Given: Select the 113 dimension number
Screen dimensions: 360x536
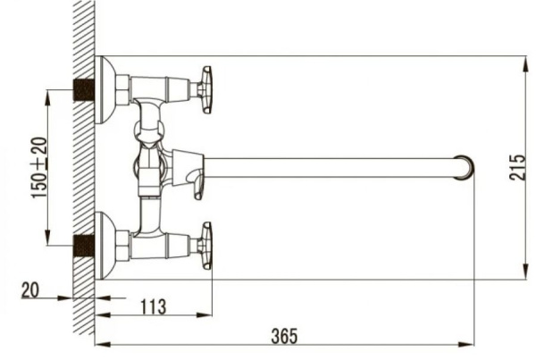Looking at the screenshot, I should pos(153,306).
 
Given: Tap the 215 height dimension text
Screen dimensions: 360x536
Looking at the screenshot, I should pos(517,167).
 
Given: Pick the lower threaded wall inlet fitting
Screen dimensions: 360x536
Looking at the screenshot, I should pos(84,244).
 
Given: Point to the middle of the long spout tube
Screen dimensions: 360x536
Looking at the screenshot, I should pos(331,166).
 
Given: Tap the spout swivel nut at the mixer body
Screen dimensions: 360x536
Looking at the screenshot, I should pos(189,165).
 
